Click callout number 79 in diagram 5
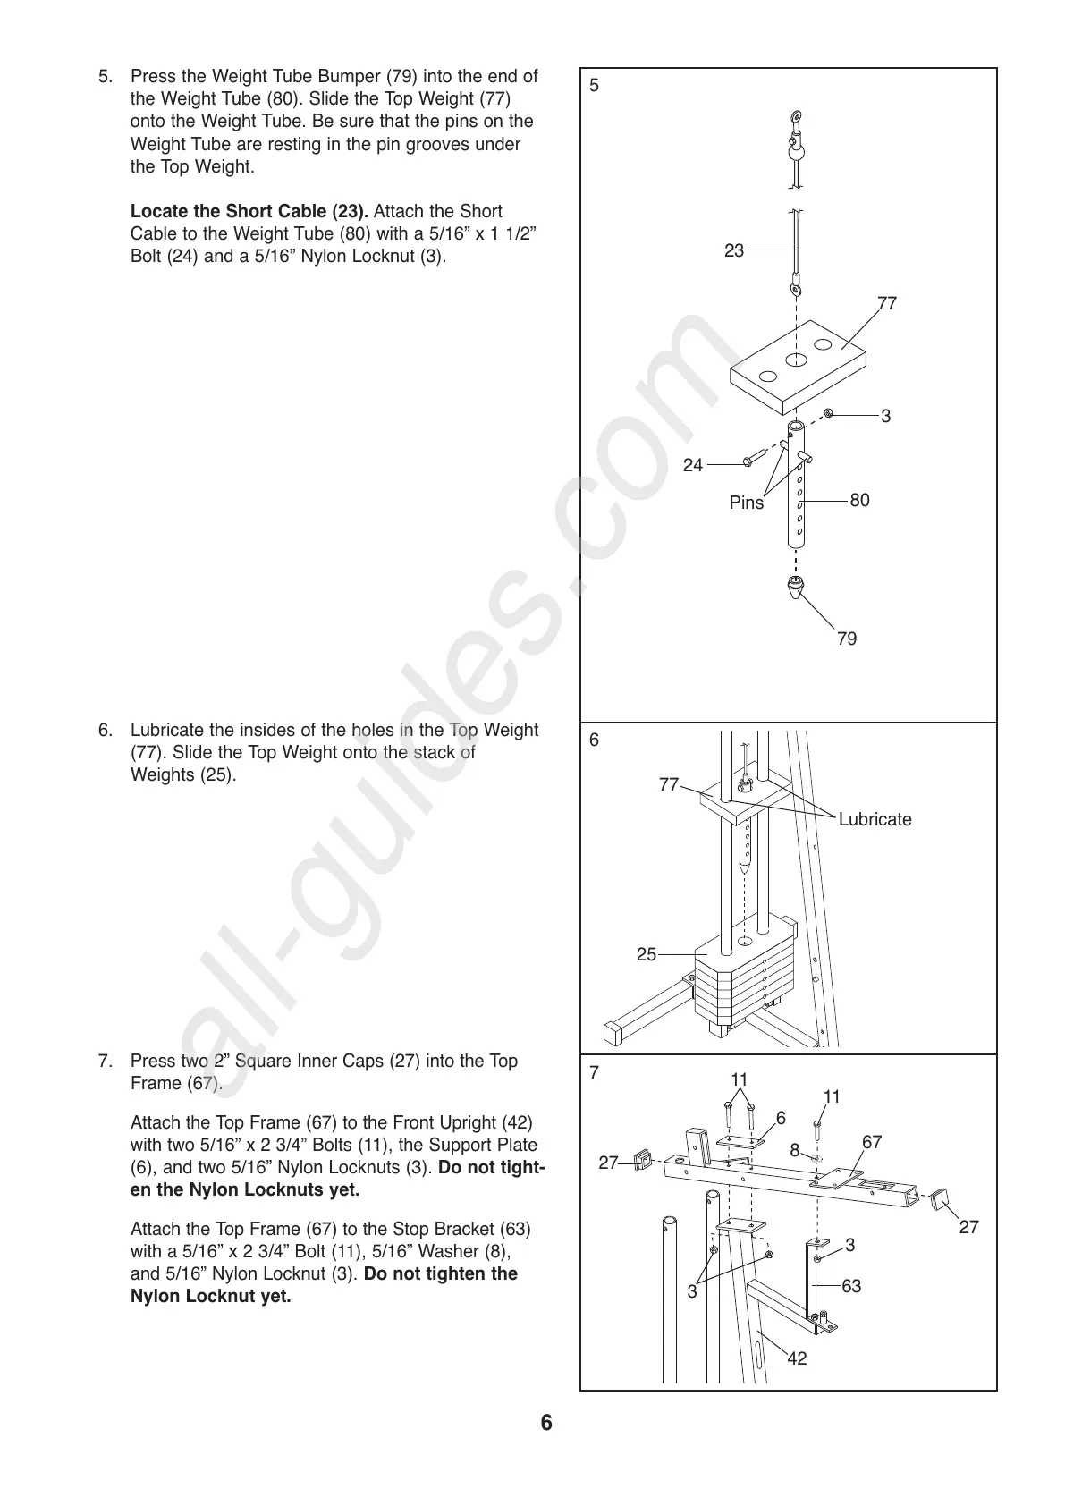pyautogui.click(x=846, y=639)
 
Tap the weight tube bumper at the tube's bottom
pyautogui.click(x=794, y=589)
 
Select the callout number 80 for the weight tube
pyautogui.click(x=859, y=500)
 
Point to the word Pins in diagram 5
pyautogui.click(x=747, y=503)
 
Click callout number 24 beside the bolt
pyautogui.click(x=693, y=465)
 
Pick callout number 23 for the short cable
pyautogui.click(x=734, y=251)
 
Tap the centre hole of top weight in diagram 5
pyautogui.click(x=796, y=360)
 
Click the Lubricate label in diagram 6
pyautogui.click(x=875, y=819)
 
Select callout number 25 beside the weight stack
pyautogui.click(x=647, y=955)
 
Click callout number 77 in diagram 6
pyautogui.click(x=669, y=784)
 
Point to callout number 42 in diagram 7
pyautogui.click(x=797, y=1358)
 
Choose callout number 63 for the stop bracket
pyautogui.click(x=851, y=1286)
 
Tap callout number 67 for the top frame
pyautogui.click(x=872, y=1142)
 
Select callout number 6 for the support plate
pyautogui.click(x=781, y=1118)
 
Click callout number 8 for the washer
pyautogui.click(x=795, y=1151)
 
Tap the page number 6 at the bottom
pyautogui.click(x=546, y=1423)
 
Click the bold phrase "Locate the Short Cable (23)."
pyautogui.click(x=249, y=212)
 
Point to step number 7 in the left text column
pyautogui.click(x=106, y=1062)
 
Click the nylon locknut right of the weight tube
pyautogui.click(x=829, y=413)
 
